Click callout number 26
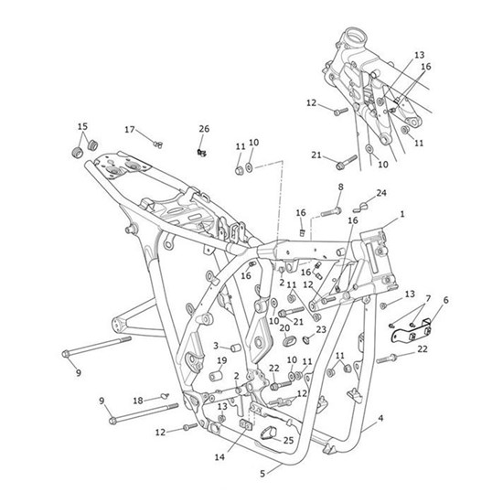click(204, 129)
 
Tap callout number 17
click(130, 130)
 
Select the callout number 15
click(82, 126)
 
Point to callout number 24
click(381, 193)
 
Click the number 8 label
click(341, 187)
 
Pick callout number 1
click(402, 214)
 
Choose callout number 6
click(445, 300)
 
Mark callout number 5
click(262, 474)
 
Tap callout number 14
click(219, 457)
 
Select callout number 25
click(288, 441)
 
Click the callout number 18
click(138, 401)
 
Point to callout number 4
click(380, 418)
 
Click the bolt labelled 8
click(331, 212)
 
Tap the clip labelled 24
click(360, 208)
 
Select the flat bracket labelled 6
click(411, 333)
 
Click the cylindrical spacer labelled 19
click(216, 376)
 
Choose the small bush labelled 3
click(236, 348)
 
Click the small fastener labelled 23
click(306, 338)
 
